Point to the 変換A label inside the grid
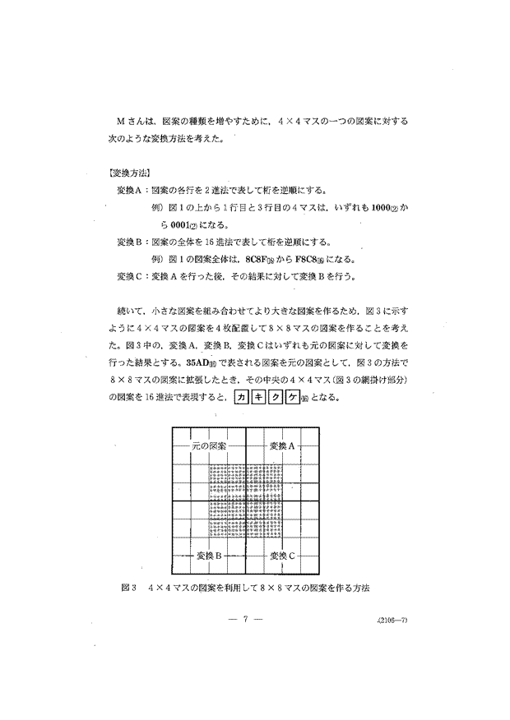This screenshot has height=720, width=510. (281, 445)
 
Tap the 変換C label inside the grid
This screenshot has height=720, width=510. (281, 556)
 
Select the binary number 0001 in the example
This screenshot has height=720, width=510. (160, 224)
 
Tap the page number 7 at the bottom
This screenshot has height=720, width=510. (247, 621)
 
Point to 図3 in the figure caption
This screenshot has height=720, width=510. (127, 588)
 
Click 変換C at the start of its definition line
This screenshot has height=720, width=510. (132, 276)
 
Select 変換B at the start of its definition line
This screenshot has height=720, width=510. (132, 242)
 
